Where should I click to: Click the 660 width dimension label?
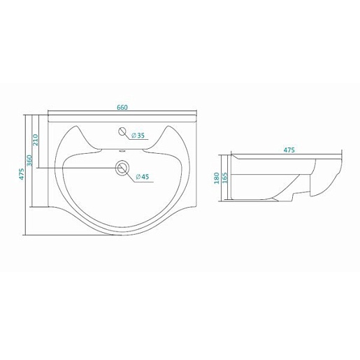point(122,108)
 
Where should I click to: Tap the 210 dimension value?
point(35,140)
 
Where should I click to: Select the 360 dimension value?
point(29,160)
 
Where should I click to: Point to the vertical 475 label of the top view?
point(22,173)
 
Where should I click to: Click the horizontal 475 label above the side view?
point(289,150)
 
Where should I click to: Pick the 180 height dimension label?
point(217,178)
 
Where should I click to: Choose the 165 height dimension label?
point(224,178)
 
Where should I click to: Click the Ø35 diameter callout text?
point(138,136)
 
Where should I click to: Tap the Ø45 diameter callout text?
point(142,177)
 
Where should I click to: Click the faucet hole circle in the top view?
point(122,131)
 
